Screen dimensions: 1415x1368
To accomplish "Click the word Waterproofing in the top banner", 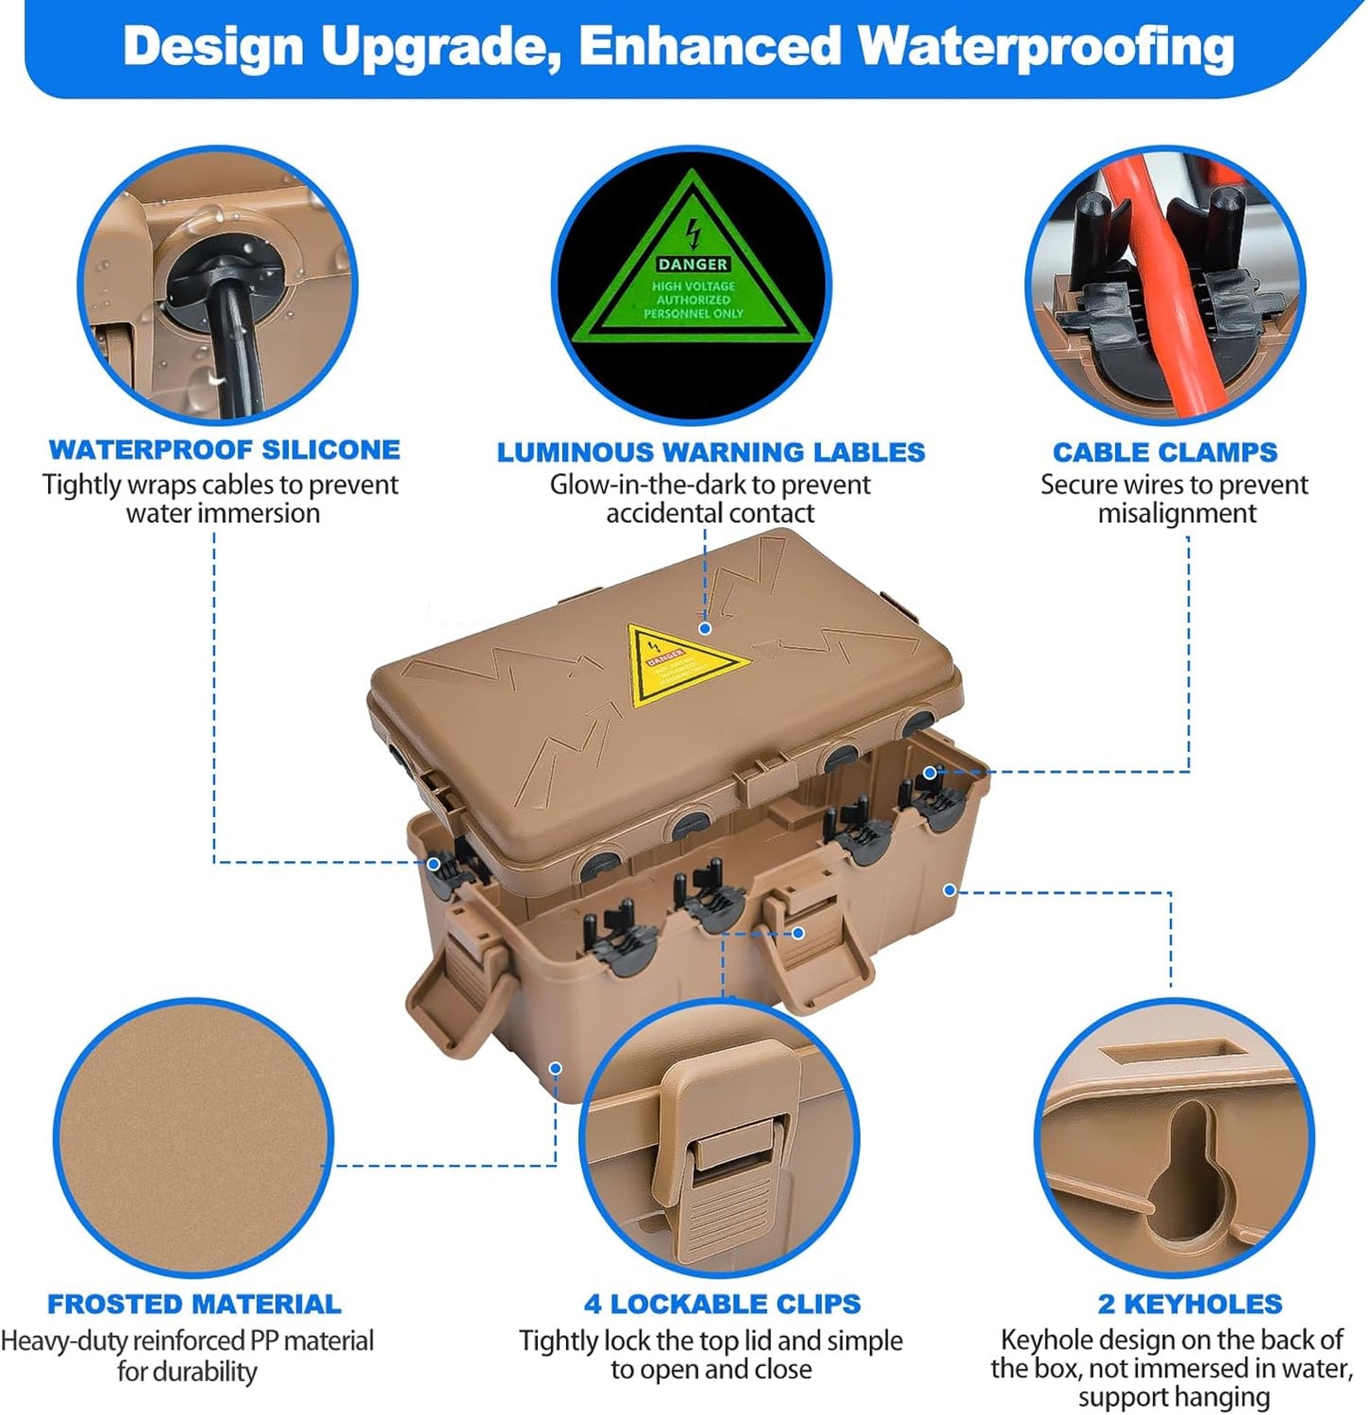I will (x=1045, y=47).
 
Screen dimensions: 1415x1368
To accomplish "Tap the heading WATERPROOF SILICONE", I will (x=224, y=450).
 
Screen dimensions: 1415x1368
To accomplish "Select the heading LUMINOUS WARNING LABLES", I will (x=710, y=452).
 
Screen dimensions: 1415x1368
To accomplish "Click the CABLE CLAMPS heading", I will (x=1164, y=452).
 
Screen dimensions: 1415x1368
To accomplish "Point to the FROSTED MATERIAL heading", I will (x=194, y=1304).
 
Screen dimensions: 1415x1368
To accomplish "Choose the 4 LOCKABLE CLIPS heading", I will (x=721, y=1304).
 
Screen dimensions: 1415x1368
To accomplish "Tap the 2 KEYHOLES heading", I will (x=1189, y=1304).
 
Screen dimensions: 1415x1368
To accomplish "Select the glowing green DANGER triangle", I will (x=692, y=274).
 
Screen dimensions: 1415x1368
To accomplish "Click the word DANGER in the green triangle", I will (x=692, y=264).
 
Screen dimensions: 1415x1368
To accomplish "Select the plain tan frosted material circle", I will (x=193, y=1137).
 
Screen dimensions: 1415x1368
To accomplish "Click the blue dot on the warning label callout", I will (x=704, y=628).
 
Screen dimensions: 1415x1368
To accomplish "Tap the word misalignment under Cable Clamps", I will (x=1176, y=513).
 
